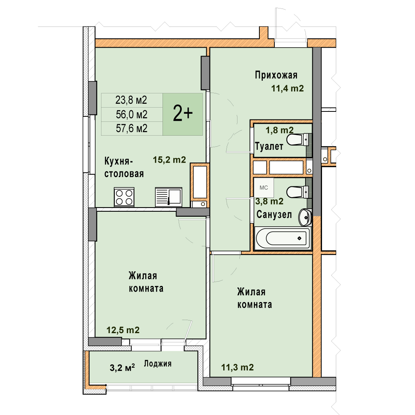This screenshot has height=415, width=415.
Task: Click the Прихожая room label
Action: pos(276,75)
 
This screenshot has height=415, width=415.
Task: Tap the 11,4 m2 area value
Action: pos(287,88)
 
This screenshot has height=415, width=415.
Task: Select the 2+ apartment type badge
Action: pos(183,114)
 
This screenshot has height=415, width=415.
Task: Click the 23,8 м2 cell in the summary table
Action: pos(131,100)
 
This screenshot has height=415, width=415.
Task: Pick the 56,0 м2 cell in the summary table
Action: pos(131,115)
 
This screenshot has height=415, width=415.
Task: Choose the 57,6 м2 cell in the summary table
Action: pos(131,128)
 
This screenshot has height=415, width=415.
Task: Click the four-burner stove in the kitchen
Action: pos(124,197)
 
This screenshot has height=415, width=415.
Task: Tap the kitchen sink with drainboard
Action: pos(169,197)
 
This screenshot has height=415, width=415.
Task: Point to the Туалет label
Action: pos(269,146)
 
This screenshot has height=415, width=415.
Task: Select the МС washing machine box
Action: pos(264,188)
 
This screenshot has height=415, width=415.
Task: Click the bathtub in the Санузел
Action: pos(282,238)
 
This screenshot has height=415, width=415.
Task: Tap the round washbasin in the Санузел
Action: pos(305,217)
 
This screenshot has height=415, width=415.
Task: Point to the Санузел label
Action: pos(274,214)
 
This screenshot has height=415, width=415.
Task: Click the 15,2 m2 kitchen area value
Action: pos(169,160)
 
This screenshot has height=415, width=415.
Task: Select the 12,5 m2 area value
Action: pos(123,330)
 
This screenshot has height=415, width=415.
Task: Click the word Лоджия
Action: pos(158,364)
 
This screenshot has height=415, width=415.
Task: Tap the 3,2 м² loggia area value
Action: pos(122,367)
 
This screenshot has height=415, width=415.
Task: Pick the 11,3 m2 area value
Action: pos(237,367)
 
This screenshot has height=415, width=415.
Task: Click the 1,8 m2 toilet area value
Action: pos(279,130)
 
